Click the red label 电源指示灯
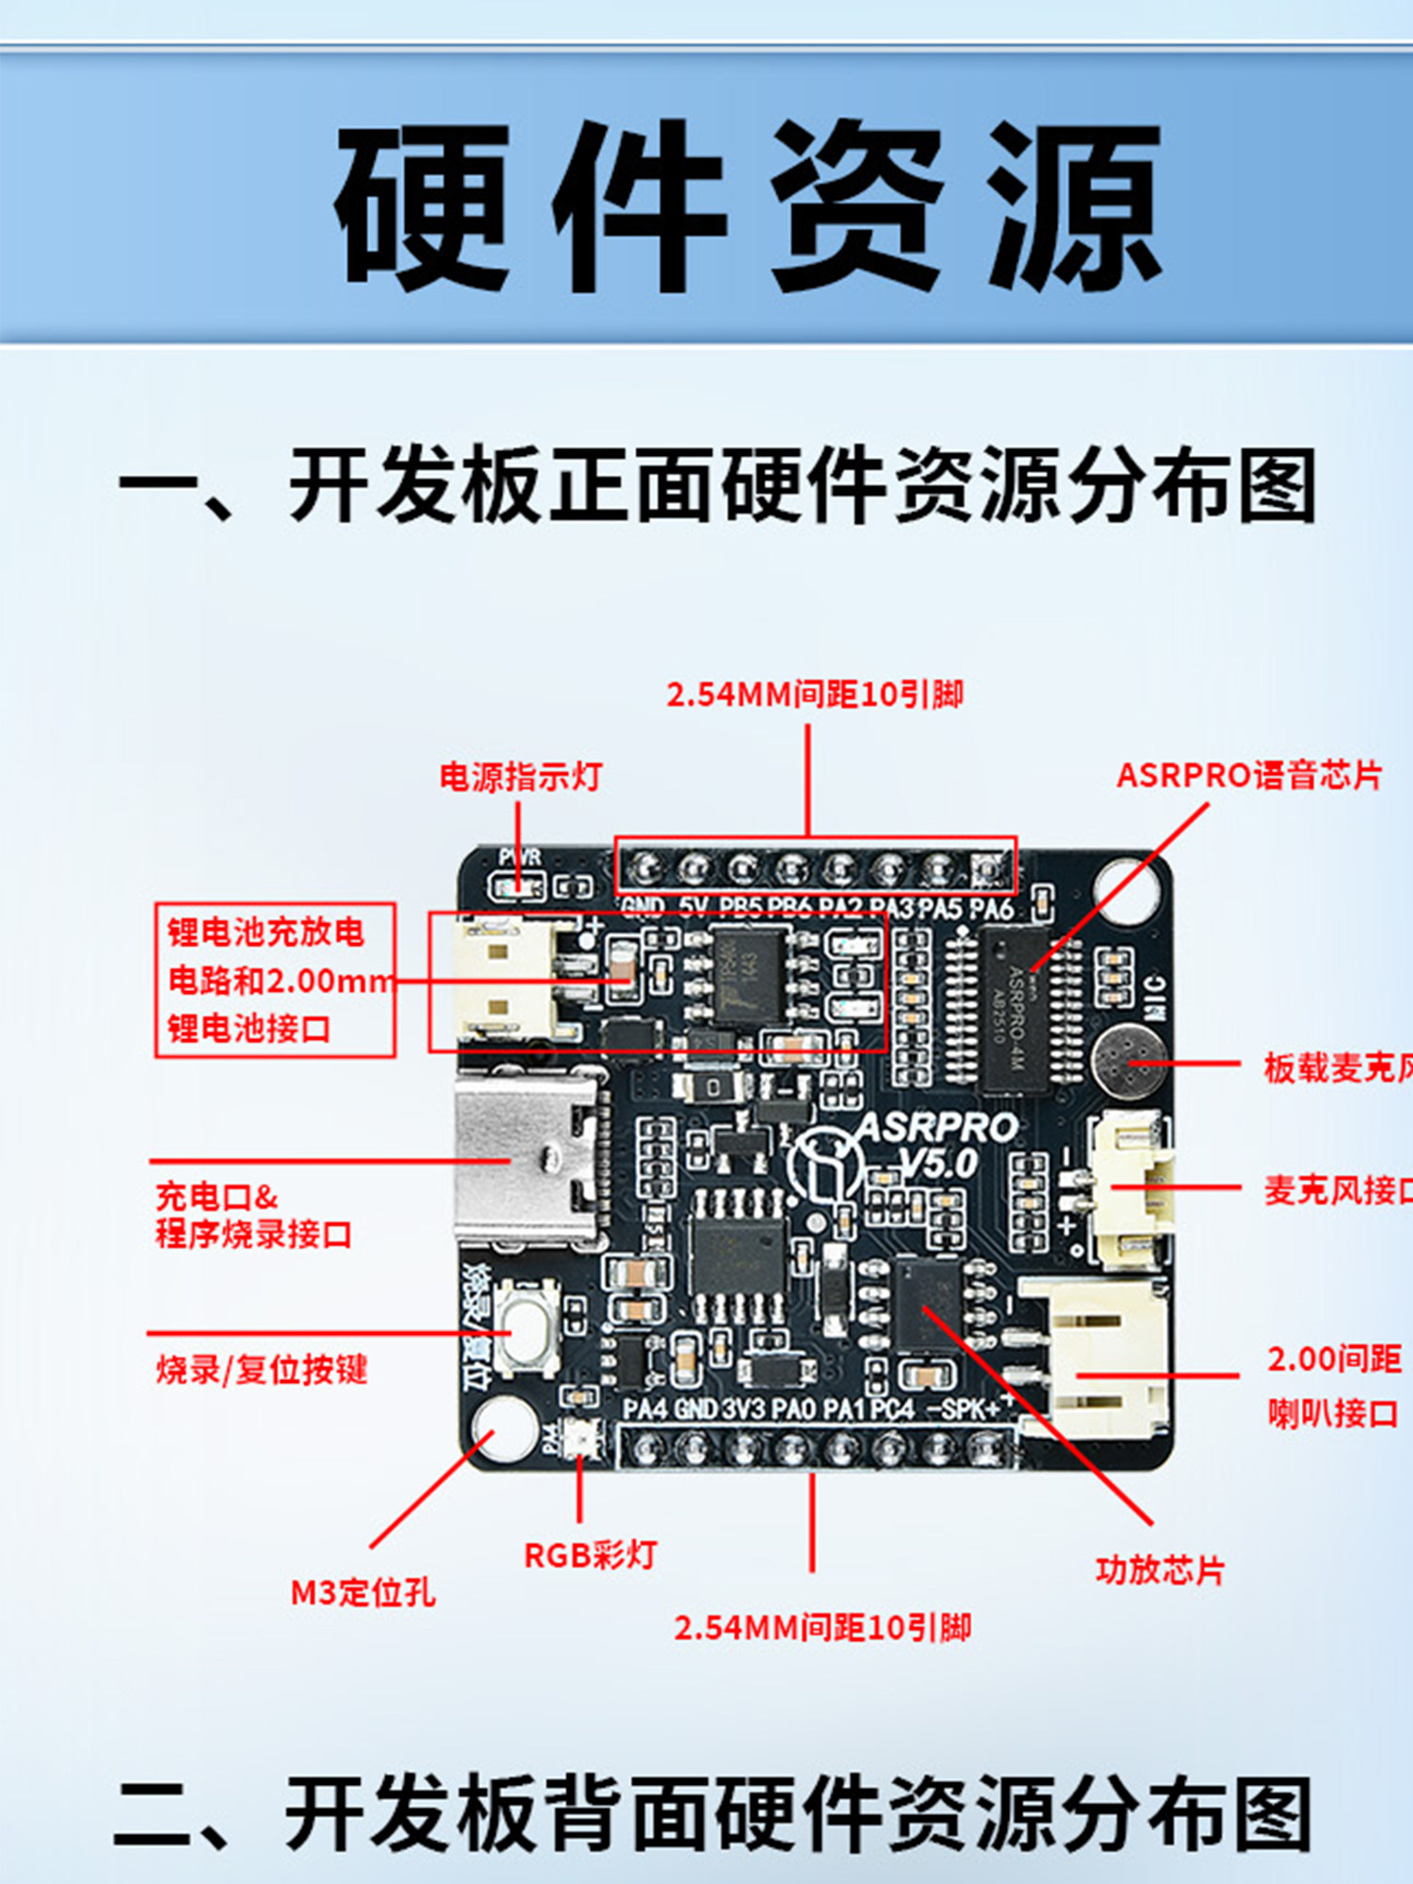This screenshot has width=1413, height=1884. point(520,777)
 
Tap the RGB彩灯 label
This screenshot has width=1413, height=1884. point(590,1555)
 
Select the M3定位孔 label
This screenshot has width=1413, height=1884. point(363,1593)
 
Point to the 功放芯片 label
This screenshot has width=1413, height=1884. point(1160,1570)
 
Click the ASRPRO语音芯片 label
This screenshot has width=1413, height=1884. point(1249,775)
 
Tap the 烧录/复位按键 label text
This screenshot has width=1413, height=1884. point(262,1370)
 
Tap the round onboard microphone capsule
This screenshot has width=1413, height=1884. point(1128,1062)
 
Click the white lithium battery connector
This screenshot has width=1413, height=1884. point(495,980)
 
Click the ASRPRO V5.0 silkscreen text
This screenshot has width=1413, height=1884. point(937,1145)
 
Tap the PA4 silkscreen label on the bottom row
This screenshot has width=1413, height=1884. point(646,1409)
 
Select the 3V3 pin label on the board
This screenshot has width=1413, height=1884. point(743,1409)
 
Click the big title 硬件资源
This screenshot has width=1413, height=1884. point(748,205)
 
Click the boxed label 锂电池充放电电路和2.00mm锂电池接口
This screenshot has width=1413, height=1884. point(274,980)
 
